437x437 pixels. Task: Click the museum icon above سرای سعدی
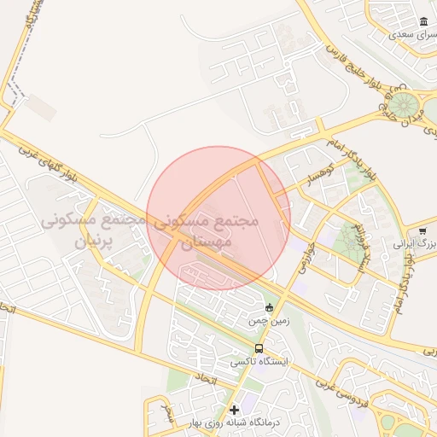click(x=422, y=21)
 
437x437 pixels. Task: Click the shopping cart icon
click(x=422, y=230)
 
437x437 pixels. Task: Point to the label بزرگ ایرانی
click(x=417, y=244)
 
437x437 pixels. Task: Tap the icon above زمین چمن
click(x=271, y=308)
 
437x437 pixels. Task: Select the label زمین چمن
click(x=265, y=322)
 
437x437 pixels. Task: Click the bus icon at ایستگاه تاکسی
click(x=259, y=348)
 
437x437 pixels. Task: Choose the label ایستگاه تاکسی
click(x=259, y=362)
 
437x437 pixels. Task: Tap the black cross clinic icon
click(x=235, y=411)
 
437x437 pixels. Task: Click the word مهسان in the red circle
click(x=203, y=242)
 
